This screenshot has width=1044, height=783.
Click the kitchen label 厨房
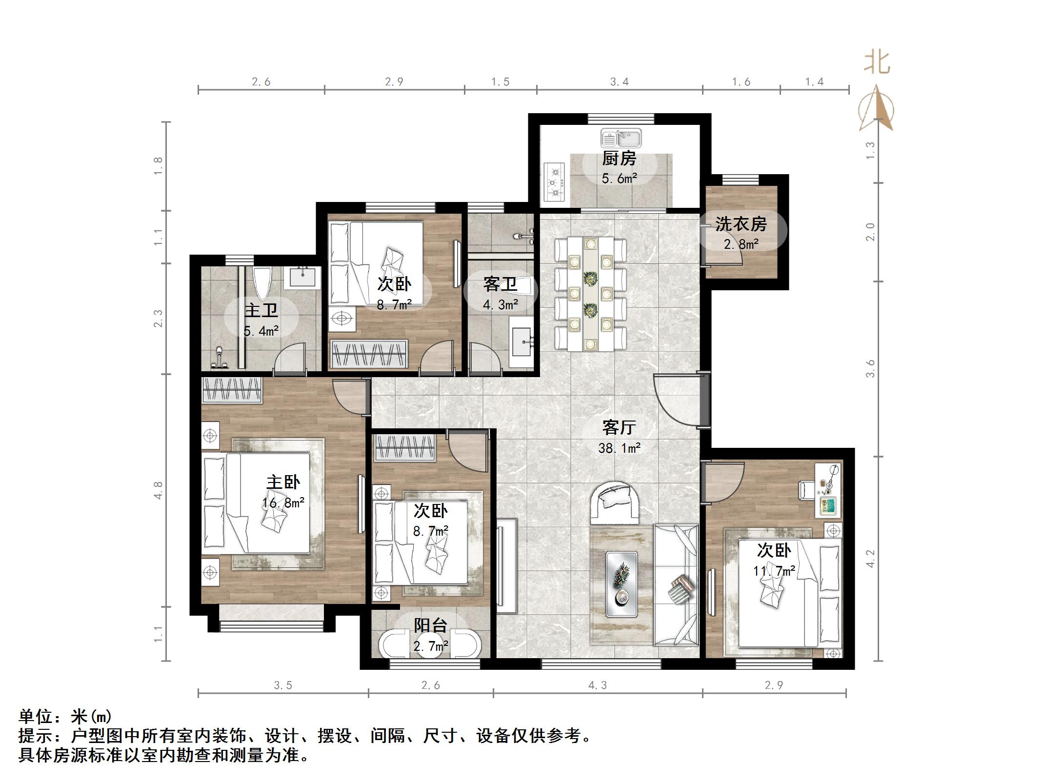point(619,159)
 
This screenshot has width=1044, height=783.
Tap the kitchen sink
point(621,138)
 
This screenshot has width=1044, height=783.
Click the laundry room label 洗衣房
point(741,224)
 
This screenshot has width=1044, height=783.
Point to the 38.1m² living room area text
point(619,448)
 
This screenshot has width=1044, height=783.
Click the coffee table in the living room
point(622,584)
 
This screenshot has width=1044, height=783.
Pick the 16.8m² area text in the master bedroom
point(283,502)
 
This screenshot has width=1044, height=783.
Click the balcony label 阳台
point(431,625)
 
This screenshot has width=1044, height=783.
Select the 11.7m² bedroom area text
point(774,570)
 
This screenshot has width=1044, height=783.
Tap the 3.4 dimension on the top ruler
point(620,81)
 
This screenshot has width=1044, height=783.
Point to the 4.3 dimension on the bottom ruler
point(598,685)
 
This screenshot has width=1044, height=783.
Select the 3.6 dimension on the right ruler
point(871,368)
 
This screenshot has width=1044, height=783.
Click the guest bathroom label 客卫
point(501,284)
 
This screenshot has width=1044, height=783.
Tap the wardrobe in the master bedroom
point(232,390)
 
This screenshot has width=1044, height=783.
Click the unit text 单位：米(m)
point(65,716)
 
